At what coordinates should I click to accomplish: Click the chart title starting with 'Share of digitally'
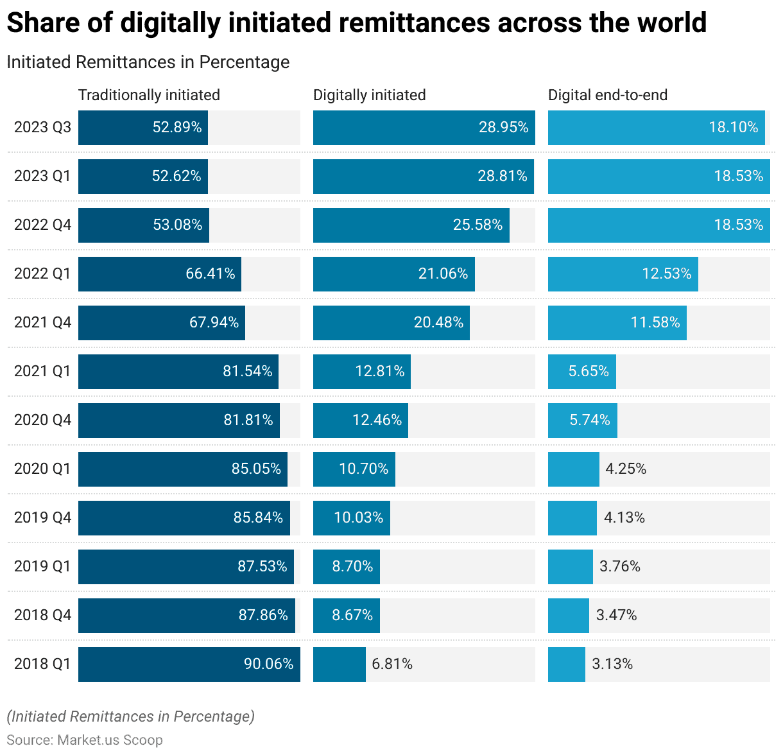tap(356, 23)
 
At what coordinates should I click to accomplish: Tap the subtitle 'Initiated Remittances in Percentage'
tap(148, 62)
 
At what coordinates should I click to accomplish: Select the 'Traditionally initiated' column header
tap(149, 95)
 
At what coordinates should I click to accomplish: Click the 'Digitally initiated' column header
tap(369, 95)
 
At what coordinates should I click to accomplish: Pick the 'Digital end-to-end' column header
tap(607, 95)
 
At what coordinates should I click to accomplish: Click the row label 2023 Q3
tap(42, 127)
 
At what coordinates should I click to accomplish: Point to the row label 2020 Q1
tap(42, 469)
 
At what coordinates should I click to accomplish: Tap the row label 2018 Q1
tap(42, 664)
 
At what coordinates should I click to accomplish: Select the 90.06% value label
tap(268, 664)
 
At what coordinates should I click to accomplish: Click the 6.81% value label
tap(392, 664)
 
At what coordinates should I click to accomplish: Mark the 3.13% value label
tap(612, 664)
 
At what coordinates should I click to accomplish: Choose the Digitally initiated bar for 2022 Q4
tap(411, 225)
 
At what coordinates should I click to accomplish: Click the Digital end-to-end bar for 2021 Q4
tap(617, 322)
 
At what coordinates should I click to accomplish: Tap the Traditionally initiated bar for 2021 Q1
tap(178, 371)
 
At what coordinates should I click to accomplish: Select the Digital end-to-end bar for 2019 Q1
tap(570, 566)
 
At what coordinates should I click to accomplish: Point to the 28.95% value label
tap(503, 127)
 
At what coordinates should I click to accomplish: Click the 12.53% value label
tap(666, 273)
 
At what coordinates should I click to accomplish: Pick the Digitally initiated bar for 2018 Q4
tap(346, 615)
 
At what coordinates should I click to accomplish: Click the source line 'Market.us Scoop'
tap(85, 740)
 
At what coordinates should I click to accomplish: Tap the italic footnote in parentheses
tap(130, 716)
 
